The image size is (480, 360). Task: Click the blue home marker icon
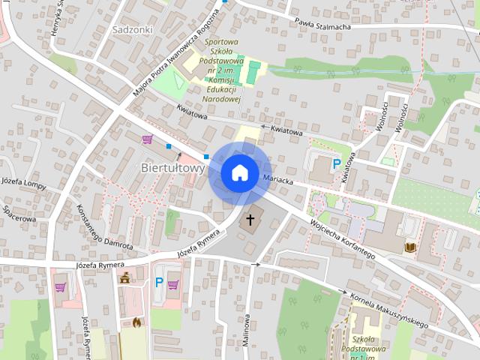[x=239, y=172]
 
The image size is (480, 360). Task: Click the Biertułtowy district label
[x=173, y=168]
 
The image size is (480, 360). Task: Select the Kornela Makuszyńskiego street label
[x=388, y=308]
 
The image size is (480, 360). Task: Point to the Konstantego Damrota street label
[x=104, y=226]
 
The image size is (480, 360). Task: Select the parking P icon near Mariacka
[x=337, y=162]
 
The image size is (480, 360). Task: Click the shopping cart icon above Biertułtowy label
[x=147, y=139]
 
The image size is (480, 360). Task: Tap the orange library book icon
[x=409, y=247]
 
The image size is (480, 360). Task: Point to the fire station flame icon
[x=136, y=322]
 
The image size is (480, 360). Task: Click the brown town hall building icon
[x=124, y=278]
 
